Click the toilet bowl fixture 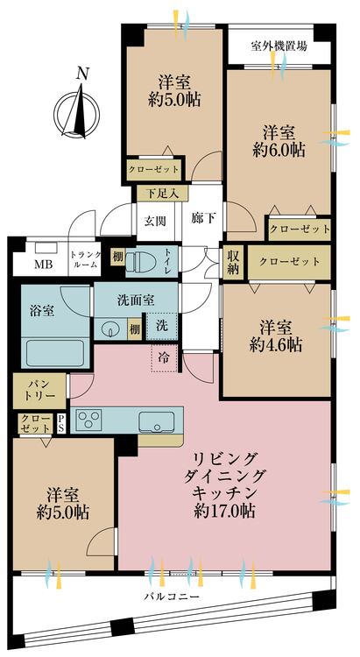tap(141, 260)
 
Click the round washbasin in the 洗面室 tap(109, 329)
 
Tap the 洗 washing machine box tap(163, 325)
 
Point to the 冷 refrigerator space tap(164, 356)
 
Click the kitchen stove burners tap(90, 420)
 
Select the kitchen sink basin tap(158, 420)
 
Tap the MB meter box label tap(43, 265)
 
